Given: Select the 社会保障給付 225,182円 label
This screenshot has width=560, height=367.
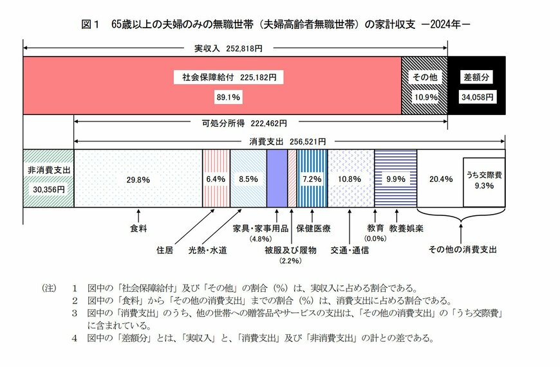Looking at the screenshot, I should click(229, 76).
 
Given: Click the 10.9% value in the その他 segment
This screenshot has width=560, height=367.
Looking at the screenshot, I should click(424, 97).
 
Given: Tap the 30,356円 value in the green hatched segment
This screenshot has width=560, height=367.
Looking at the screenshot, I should click(48, 190).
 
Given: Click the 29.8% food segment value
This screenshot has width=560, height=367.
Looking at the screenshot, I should click(138, 179).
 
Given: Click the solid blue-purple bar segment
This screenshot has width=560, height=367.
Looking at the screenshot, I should click(276, 178).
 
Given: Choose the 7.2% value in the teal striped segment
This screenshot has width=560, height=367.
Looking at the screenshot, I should click(312, 179).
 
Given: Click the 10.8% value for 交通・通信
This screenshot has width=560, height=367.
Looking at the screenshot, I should click(350, 179).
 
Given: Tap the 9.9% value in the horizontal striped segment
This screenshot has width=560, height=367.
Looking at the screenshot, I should click(395, 179).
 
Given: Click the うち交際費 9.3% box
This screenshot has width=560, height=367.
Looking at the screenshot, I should click(483, 179).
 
